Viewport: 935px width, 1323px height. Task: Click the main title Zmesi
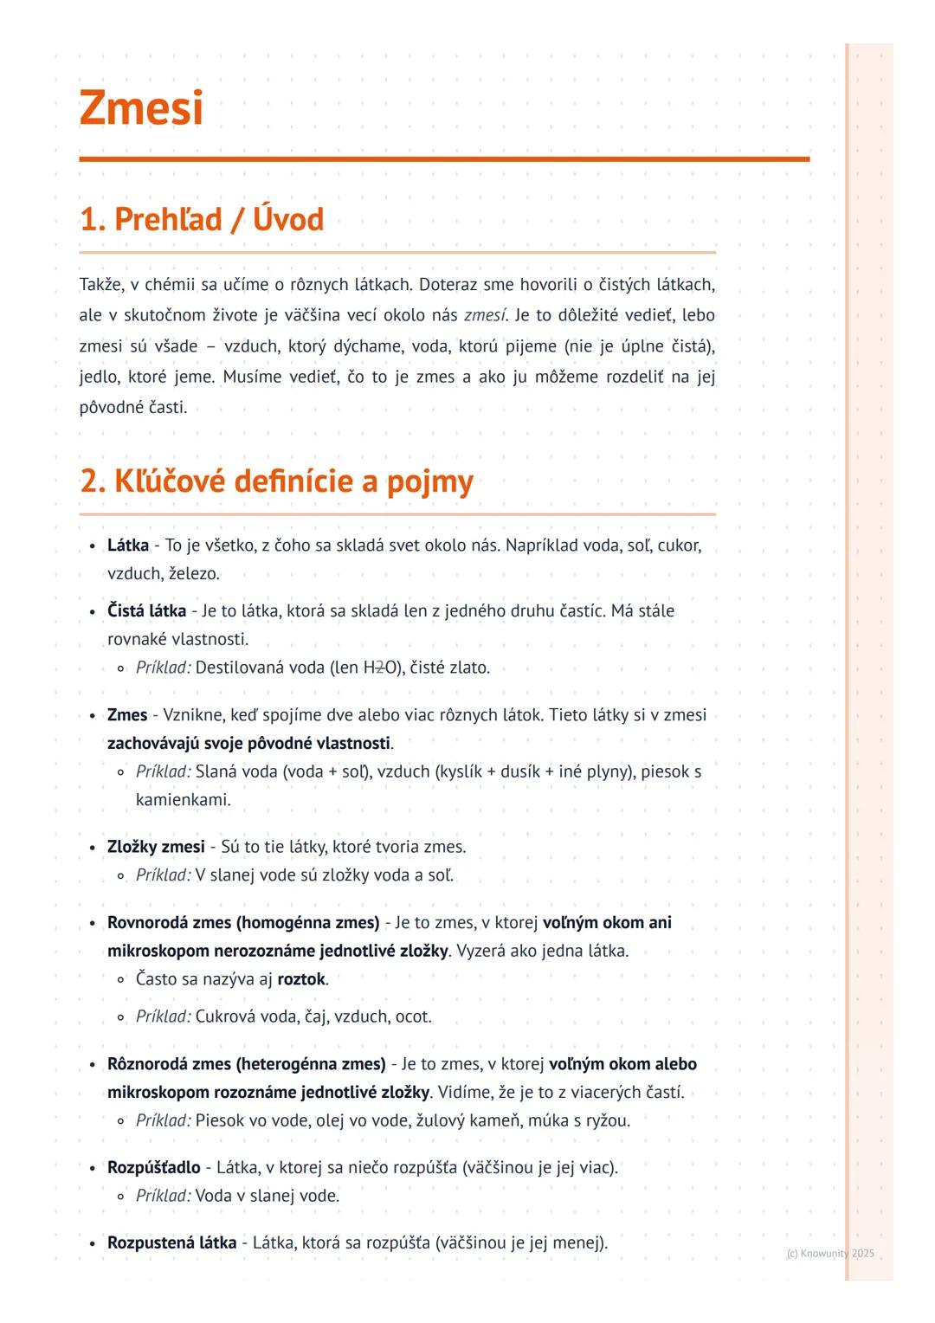[x=141, y=108]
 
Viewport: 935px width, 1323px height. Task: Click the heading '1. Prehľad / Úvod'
[x=202, y=220]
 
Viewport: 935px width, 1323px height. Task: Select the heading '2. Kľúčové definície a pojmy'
[x=276, y=481]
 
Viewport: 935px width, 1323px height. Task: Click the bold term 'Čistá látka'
[x=146, y=611]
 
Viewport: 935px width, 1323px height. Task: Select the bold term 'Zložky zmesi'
[x=156, y=847]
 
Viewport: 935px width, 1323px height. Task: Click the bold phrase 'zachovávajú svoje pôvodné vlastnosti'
[x=248, y=744]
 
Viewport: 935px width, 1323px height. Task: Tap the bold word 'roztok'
[x=301, y=979]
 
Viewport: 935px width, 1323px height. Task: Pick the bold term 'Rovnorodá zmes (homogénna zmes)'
[x=243, y=923]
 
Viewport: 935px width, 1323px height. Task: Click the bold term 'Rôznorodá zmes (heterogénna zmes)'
[x=246, y=1064]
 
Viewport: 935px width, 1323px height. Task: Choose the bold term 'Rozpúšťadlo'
[x=153, y=1167]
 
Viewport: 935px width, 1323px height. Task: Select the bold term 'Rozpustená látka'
[x=171, y=1242]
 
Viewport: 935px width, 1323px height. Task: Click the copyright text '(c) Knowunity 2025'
[x=830, y=1253]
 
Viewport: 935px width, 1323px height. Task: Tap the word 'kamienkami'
[x=183, y=800]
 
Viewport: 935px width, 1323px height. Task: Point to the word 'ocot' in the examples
[x=412, y=1016]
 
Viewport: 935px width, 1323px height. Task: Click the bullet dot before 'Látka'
[x=92, y=546]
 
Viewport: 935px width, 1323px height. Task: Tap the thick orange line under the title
[x=444, y=159]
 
